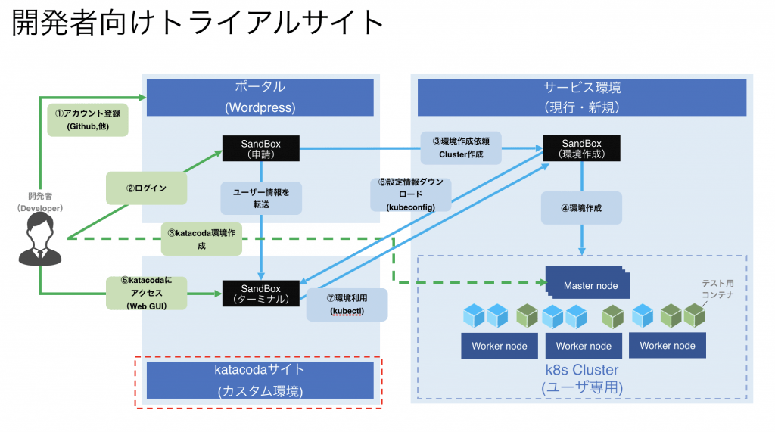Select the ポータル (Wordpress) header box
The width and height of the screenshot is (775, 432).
point(260,97)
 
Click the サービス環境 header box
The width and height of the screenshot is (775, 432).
point(581,97)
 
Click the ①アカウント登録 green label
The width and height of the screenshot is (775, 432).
point(88,120)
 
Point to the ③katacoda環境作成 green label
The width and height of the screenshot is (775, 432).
point(201,239)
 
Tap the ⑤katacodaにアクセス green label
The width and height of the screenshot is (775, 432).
point(146,293)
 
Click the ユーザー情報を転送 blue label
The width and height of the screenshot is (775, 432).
point(261,197)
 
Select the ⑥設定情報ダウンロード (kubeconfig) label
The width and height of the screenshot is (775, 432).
point(412,194)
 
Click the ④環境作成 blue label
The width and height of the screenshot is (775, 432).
point(581,207)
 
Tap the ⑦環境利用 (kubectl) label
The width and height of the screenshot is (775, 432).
point(347,304)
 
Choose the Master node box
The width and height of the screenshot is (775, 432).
point(590,285)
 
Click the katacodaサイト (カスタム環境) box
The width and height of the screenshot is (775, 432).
point(260,380)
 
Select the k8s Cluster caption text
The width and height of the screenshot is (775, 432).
point(581,370)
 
